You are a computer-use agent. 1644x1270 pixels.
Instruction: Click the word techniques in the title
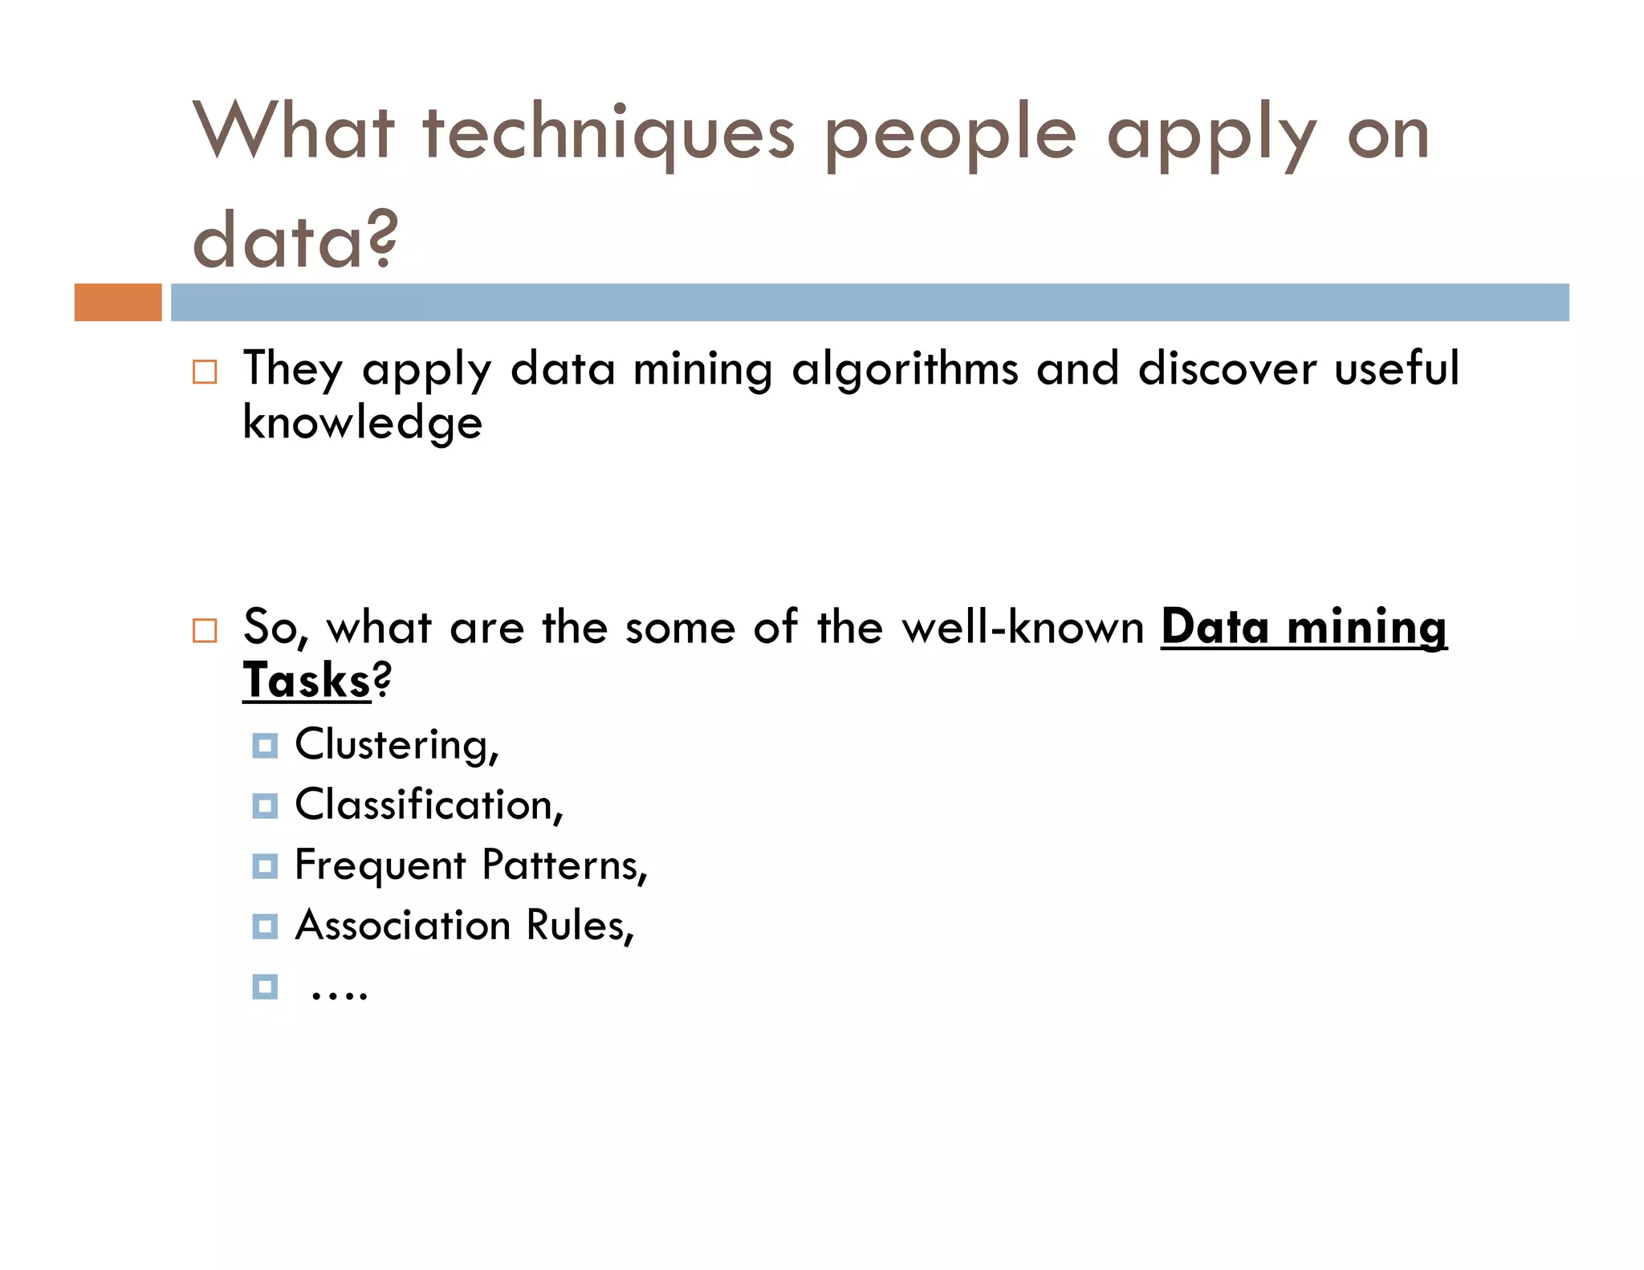(x=608, y=133)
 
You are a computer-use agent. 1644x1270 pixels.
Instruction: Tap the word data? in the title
(x=295, y=240)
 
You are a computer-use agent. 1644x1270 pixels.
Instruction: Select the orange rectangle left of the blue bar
(x=118, y=303)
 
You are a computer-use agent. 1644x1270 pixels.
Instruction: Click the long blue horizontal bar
(x=869, y=303)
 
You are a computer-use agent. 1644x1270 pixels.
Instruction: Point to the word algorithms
(x=905, y=371)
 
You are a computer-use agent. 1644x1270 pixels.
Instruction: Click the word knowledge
(x=362, y=423)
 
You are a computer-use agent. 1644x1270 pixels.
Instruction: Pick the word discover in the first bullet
(x=1227, y=369)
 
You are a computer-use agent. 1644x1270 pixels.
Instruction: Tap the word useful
(x=1396, y=369)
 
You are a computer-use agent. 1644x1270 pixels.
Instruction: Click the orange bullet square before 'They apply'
(x=205, y=372)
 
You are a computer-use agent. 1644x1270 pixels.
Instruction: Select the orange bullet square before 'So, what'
(x=205, y=631)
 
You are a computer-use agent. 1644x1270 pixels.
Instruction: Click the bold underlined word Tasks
(x=307, y=681)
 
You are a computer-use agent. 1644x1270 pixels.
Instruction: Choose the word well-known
(x=1023, y=627)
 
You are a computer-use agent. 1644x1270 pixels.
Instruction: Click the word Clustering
(x=393, y=745)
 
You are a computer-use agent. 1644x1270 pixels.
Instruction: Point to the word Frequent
(x=380, y=866)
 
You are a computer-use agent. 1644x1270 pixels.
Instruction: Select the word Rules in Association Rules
(x=577, y=926)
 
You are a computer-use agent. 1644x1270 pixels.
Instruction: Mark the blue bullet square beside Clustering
(x=265, y=746)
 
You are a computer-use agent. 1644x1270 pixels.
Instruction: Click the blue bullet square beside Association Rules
(x=265, y=926)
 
